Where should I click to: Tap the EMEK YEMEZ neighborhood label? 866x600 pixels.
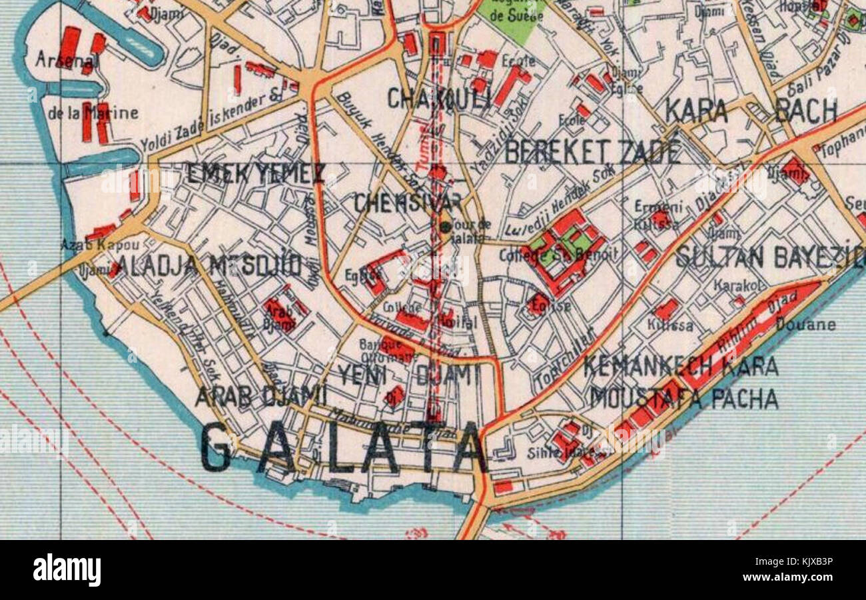[x=256, y=175]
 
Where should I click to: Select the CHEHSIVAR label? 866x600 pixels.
[x=408, y=203]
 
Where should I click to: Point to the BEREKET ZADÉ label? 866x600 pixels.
[x=592, y=153]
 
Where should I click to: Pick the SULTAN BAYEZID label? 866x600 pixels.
[x=769, y=257]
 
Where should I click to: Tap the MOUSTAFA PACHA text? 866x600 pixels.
[x=684, y=399]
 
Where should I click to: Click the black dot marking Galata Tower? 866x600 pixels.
[x=445, y=227]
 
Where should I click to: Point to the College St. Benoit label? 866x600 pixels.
[x=570, y=254]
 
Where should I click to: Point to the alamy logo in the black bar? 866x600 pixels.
[x=67, y=571]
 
